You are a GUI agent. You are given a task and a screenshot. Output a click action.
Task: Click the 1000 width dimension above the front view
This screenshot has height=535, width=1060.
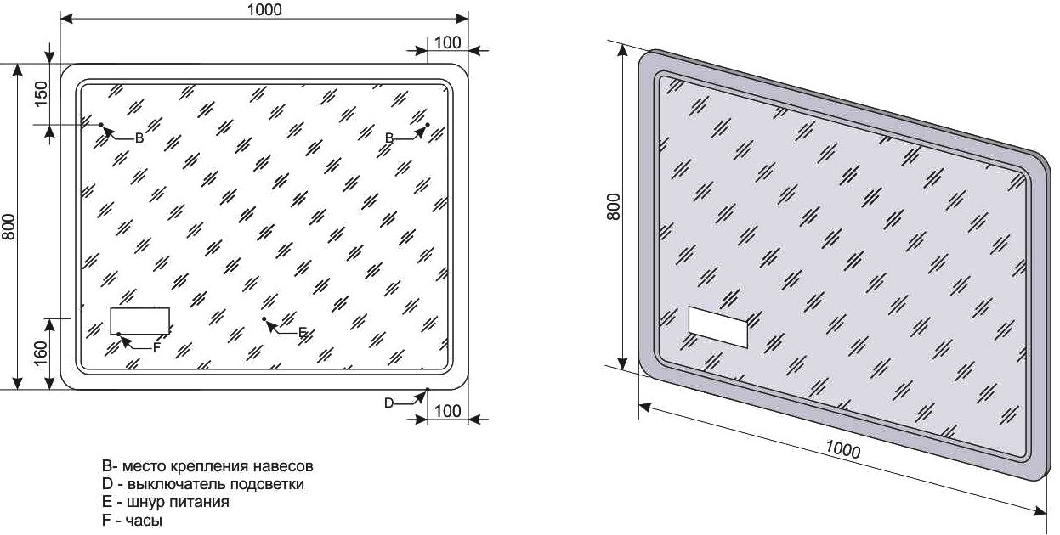click(x=264, y=10)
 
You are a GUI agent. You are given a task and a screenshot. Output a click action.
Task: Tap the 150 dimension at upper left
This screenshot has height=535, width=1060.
click(x=41, y=93)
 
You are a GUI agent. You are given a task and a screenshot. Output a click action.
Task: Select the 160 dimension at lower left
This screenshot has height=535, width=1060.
click(x=41, y=353)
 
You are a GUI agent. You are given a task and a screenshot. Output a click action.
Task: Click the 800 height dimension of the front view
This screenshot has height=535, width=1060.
click(x=9, y=227)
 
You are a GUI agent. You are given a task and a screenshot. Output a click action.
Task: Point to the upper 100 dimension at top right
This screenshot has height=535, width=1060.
click(x=447, y=42)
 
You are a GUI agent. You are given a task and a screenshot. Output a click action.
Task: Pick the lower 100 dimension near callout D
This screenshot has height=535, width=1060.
click(x=447, y=411)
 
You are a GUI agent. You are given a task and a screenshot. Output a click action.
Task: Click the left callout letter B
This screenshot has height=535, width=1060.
click(x=139, y=138)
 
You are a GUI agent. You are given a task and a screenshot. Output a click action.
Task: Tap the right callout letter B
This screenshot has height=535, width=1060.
click(x=389, y=138)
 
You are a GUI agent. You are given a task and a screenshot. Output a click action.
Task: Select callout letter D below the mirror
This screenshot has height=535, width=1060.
click(x=388, y=403)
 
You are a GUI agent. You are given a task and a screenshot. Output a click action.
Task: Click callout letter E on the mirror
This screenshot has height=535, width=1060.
click(x=303, y=333)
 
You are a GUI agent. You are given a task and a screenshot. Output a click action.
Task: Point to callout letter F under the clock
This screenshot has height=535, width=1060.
click(x=157, y=348)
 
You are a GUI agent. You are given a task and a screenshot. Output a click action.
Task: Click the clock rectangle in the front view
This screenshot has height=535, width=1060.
click(x=139, y=321)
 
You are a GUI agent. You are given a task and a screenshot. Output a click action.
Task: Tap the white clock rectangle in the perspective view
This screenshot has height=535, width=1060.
click(x=718, y=327)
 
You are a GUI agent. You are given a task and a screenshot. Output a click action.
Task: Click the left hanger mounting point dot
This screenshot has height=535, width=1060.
click(x=101, y=125)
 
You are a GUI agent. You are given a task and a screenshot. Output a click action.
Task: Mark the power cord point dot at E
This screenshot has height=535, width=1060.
click(x=264, y=319)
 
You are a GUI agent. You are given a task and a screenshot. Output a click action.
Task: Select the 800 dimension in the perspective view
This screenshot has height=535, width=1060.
click(x=613, y=206)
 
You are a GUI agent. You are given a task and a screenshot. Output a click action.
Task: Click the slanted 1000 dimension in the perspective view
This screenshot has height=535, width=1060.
click(x=842, y=449)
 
